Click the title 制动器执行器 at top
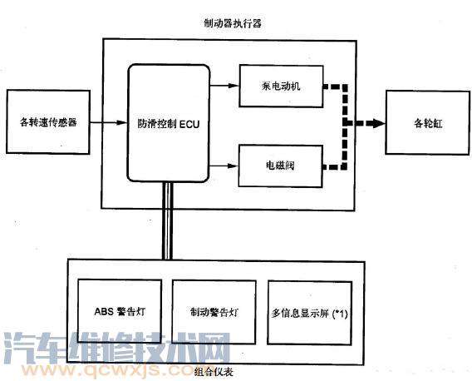click(x=233, y=23)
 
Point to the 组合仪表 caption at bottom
click(x=214, y=372)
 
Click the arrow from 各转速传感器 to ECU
click(x=109, y=122)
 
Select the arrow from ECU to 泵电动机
click(x=224, y=86)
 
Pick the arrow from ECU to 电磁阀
click(x=224, y=166)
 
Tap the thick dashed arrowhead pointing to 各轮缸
click(x=378, y=123)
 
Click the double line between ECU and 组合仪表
click(x=167, y=220)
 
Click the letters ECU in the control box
click(x=189, y=124)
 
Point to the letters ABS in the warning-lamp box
click(x=104, y=311)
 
